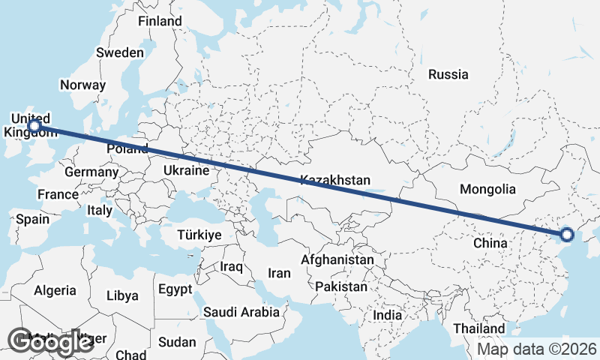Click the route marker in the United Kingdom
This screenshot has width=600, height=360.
pos(34,126)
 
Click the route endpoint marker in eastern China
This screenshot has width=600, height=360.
pos(566,235)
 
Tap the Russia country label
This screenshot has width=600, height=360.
pos(448,74)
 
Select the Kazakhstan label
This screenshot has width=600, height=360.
pos(335,180)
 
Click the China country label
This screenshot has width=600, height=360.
pos(492,243)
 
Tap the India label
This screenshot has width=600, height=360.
pos(388,315)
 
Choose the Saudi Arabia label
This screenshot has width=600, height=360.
pos(241,311)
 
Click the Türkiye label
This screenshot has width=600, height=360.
pos(199,235)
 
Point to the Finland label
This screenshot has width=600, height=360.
pos(160,21)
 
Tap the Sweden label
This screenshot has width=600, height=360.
pos(120,52)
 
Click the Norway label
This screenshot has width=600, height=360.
pos(82,85)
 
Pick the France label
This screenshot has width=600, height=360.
pos(58,194)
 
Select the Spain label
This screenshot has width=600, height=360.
pos(32,219)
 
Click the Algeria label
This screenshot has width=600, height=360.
pos(55,289)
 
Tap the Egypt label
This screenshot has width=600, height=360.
pos(175,288)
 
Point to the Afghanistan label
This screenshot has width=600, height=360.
pos(337,259)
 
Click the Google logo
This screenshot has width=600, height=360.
pos(51,342)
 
